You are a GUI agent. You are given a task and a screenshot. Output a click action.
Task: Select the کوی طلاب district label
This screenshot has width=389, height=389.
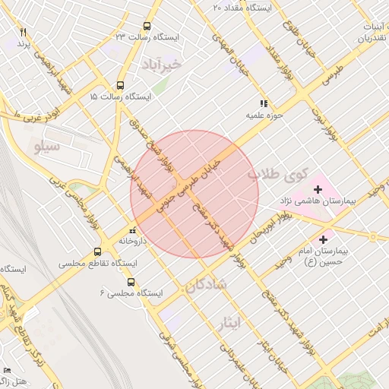[279, 177]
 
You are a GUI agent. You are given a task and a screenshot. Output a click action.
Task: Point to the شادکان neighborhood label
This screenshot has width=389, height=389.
[205, 285]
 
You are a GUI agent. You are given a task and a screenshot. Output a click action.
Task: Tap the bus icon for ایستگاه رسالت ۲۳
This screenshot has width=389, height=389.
[147, 25]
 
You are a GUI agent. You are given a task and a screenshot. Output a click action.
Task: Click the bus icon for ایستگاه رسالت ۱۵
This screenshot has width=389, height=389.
[120, 86]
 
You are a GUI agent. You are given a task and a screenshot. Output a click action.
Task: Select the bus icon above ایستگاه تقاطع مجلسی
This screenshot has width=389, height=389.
[97, 251]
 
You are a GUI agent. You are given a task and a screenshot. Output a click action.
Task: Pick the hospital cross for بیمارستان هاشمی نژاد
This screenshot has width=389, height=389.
[318, 188]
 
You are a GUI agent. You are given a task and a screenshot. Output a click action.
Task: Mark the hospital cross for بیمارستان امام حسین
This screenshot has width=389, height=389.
[322, 239]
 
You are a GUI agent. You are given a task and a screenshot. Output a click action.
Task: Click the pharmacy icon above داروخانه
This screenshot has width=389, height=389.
[133, 229]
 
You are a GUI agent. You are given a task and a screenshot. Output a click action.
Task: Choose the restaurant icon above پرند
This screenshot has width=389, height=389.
[23, 32]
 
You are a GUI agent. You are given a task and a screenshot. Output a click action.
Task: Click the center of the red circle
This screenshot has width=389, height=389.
[194, 194]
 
